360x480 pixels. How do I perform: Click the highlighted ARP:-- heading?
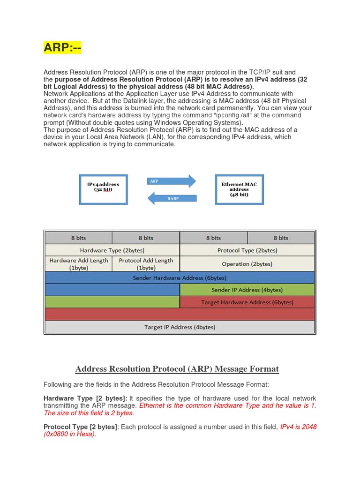(x=62, y=47)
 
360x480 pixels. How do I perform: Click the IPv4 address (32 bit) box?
(x=103, y=189)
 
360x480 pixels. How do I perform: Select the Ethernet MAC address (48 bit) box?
(x=239, y=189)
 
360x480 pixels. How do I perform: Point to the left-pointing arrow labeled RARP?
(x=172, y=198)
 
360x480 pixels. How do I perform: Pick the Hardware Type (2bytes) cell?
(x=112, y=250)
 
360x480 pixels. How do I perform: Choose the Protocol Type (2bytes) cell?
(x=247, y=250)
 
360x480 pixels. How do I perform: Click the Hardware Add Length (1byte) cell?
(x=79, y=264)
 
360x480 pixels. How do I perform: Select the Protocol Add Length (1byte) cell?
(x=146, y=264)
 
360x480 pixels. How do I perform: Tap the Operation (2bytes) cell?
(x=247, y=264)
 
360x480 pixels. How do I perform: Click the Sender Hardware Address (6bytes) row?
(x=180, y=277)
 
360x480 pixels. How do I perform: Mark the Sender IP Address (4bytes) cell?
(x=247, y=290)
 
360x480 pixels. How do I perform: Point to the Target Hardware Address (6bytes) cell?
(x=247, y=302)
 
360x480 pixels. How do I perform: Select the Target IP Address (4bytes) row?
(x=180, y=327)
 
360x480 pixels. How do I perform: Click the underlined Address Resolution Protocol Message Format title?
(x=177, y=369)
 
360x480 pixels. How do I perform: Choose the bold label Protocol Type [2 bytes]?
(x=80, y=427)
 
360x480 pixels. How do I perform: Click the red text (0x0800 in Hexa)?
(x=69, y=435)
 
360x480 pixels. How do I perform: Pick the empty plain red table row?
(x=180, y=314)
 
